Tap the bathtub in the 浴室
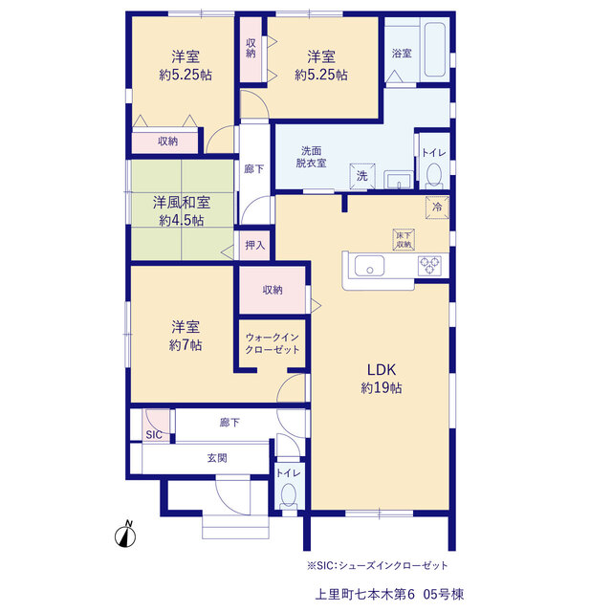435,49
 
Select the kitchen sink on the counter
369,266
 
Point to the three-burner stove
429,265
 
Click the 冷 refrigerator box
437,208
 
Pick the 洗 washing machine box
362,176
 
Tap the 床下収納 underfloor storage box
404,240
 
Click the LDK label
382,370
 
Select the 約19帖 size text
382,387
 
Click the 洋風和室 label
182,203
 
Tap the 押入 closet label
255,245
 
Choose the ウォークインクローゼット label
272,343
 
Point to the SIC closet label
154,435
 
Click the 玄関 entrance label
217,458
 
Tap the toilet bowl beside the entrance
289,494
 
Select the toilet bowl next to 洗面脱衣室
433,174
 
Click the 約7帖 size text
186,345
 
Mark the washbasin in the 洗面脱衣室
399,180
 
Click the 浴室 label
402,54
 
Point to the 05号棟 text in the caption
444,595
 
